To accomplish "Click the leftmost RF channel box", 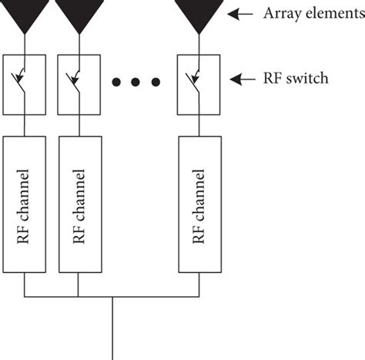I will [x=26, y=204].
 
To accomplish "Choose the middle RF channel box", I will [x=79, y=204].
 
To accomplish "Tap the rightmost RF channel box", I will [x=199, y=204].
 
